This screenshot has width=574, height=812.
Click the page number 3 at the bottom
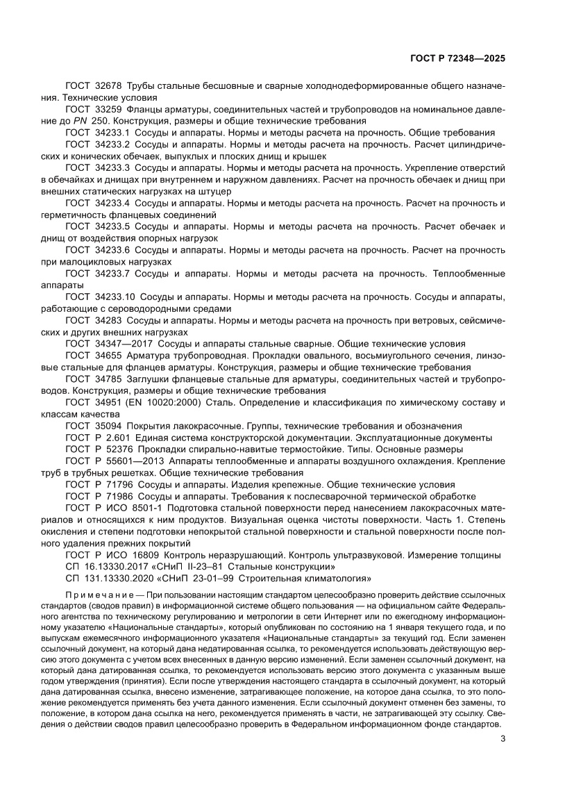click(x=502, y=738)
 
